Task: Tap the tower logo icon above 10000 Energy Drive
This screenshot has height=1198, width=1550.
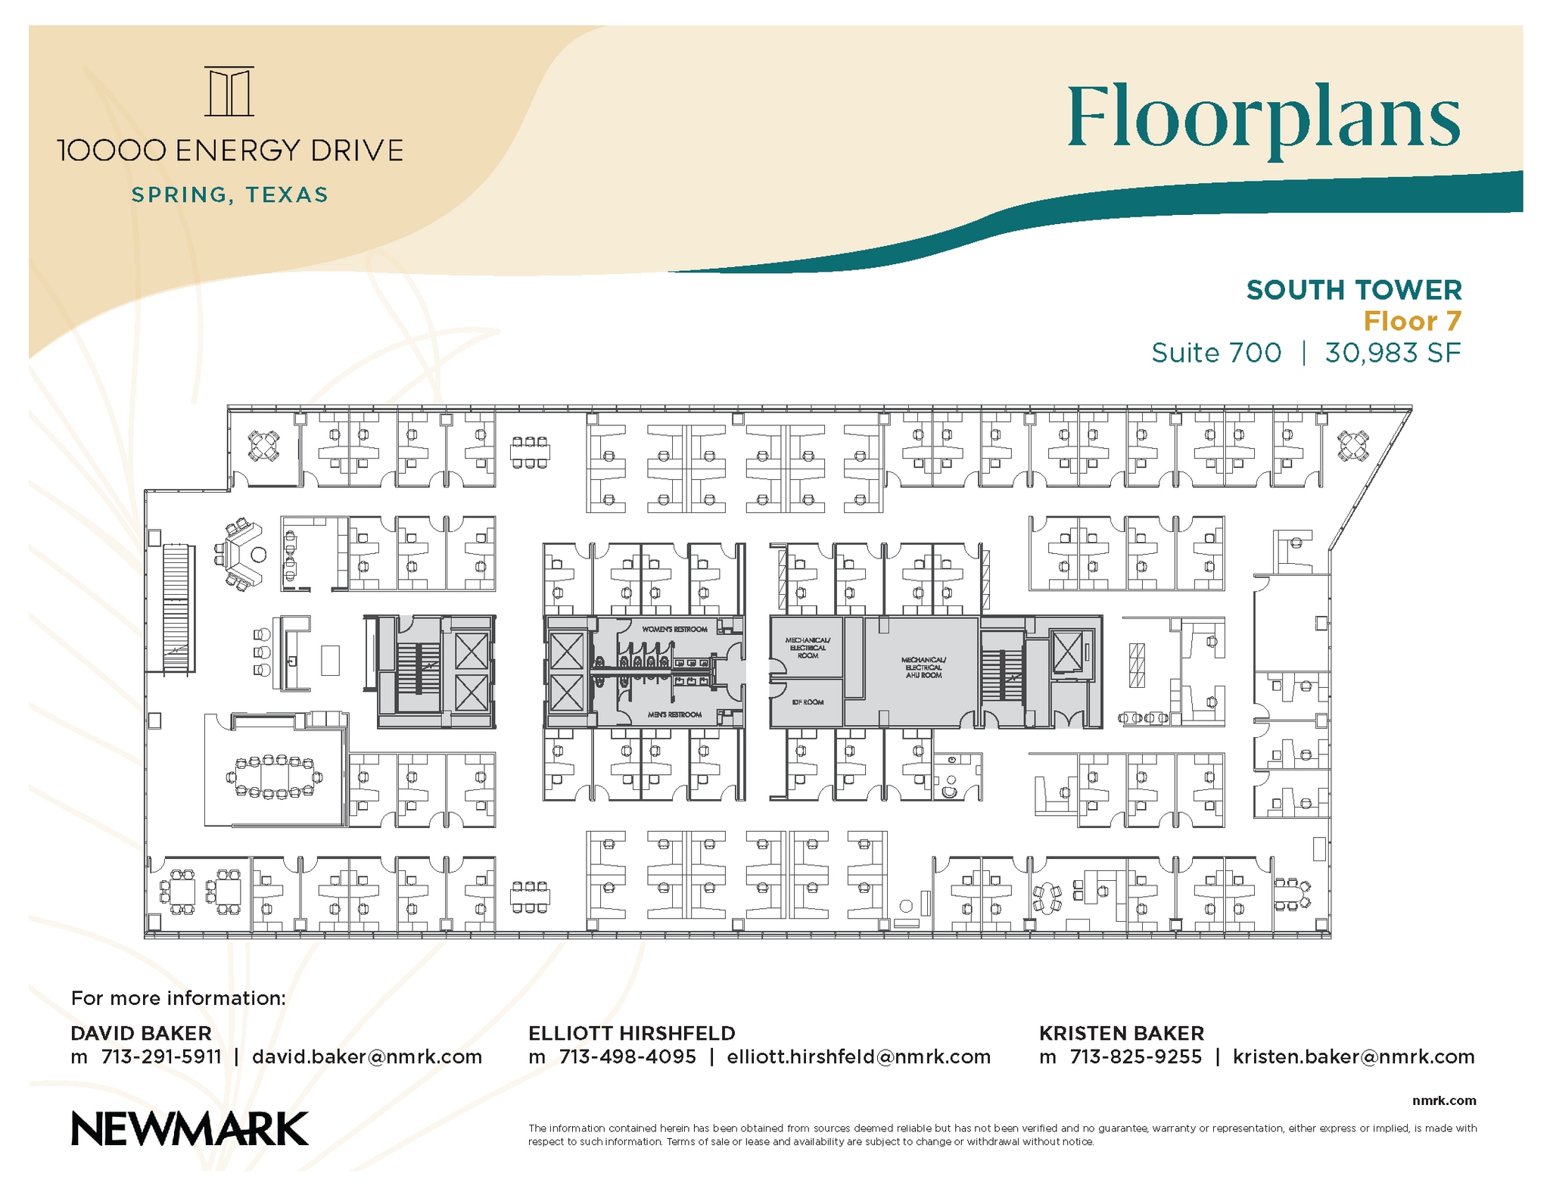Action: click(229, 92)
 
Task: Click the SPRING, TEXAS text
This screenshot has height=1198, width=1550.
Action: click(230, 195)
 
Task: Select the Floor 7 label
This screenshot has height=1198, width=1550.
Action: click(1411, 322)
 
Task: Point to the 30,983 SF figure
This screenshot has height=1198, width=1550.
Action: click(1392, 353)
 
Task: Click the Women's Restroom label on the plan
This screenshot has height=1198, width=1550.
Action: click(674, 630)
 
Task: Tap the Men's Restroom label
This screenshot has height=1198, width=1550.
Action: click(674, 714)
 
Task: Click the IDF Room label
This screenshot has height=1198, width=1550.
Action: click(808, 702)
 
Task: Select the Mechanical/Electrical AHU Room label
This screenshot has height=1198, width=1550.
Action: click(923, 667)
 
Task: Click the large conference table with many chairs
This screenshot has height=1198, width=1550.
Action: click(275, 776)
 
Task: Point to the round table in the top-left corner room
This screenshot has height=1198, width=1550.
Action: click(263, 446)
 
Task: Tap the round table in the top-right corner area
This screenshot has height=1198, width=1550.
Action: click(1352, 446)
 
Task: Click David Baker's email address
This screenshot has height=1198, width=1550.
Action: click(367, 1057)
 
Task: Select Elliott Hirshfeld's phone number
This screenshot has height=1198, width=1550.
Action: click(627, 1057)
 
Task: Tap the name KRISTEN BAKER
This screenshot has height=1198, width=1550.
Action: click(1121, 1033)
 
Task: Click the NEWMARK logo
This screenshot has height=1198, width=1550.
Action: click(189, 1128)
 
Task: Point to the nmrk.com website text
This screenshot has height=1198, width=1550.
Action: click(1443, 1100)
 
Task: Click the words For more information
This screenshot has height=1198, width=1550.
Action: click(179, 998)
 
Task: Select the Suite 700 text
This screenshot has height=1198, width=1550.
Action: click(1216, 353)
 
